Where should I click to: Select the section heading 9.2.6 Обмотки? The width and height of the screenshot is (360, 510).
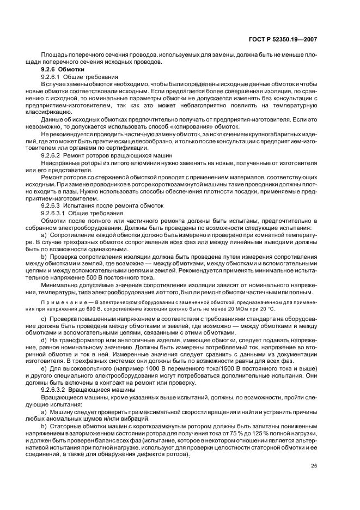[63, 70]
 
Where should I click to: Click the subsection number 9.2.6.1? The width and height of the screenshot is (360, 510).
[53, 77]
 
